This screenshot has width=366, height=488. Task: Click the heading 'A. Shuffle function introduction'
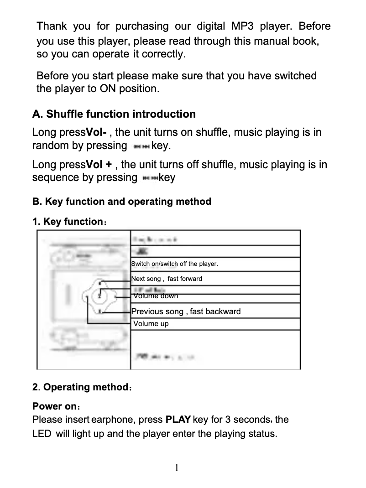(x=114, y=114)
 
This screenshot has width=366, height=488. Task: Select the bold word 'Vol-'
(x=97, y=133)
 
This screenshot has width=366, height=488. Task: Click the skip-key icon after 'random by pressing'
(x=140, y=146)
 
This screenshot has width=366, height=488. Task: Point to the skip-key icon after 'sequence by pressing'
(x=150, y=178)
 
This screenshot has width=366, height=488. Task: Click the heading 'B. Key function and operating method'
(x=122, y=201)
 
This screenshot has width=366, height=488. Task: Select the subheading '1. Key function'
(x=67, y=222)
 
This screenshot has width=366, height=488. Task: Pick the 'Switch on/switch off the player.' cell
(x=174, y=264)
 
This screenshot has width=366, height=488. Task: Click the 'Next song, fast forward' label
(x=167, y=279)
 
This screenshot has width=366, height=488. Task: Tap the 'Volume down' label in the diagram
(x=156, y=296)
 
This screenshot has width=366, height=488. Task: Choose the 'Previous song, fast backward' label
(x=186, y=311)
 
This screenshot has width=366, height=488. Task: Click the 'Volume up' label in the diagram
(x=151, y=324)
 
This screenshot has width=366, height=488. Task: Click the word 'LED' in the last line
(x=42, y=433)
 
